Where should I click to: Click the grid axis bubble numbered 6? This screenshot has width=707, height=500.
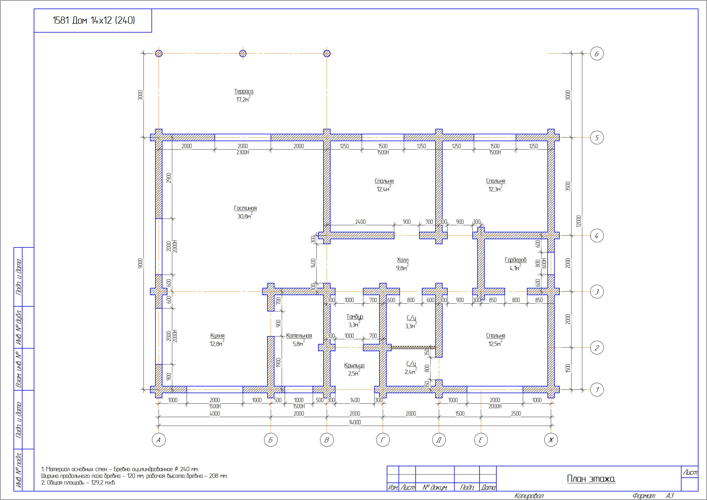coord(597,54)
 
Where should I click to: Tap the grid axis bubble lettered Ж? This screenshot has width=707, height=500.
coord(551,440)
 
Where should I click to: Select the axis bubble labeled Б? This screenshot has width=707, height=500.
coord(271,440)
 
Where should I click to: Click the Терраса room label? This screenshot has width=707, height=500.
coord(244,92)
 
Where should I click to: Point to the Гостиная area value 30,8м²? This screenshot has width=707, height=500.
coord(245,216)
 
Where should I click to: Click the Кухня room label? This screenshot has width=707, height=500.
coord(217,336)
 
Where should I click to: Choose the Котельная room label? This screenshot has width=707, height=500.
coord(299,336)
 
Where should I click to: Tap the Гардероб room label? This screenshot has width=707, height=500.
coord(515,260)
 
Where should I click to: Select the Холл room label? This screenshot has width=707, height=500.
coord(402,260)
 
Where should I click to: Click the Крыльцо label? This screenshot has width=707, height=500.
coord(354,365)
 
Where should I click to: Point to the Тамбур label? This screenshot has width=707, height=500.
coord(355,317)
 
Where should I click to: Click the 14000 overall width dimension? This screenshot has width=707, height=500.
coord(355,422)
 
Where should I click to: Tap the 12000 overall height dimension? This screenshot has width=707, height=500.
coord(578,221)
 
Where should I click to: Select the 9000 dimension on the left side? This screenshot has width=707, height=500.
coord(141,263)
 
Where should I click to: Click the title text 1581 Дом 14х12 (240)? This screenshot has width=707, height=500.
coord(94,20)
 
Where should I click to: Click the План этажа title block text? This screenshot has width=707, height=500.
coord(591,479)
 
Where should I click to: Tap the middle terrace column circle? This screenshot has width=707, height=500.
coord(243,54)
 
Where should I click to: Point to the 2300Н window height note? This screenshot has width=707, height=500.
coord(243,152)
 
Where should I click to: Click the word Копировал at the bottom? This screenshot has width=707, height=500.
coord(529,496)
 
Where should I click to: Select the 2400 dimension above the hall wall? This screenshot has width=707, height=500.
coord(361,222)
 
